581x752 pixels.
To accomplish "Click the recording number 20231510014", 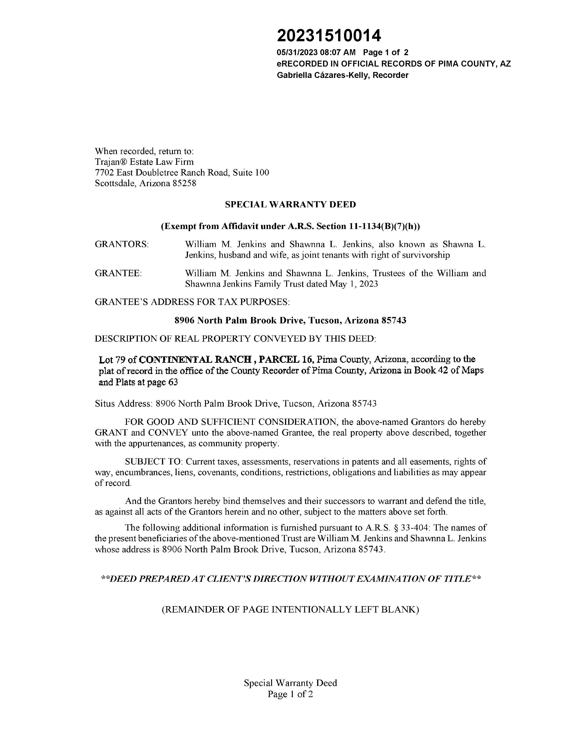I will [x=329, y=36].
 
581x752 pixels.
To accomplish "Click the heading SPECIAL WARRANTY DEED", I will [x=290, y=205].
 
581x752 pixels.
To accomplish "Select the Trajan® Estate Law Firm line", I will [x=144, y=162].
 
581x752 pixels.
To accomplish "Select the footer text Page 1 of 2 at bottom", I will [x=290, y=694].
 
